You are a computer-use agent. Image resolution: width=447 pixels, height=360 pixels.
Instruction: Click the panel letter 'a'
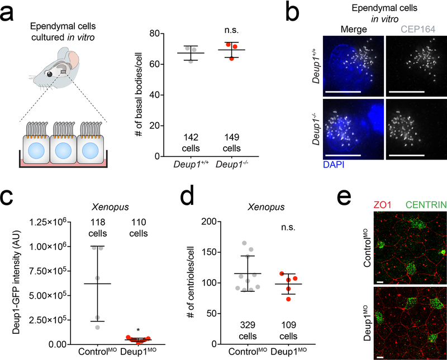[x=7, y=13]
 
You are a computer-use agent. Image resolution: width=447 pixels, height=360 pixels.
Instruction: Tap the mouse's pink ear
[x=73, y=59]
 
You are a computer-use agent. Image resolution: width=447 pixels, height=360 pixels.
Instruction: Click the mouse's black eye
[x=50, y=74]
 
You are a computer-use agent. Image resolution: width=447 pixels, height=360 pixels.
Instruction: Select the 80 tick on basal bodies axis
[x=155, y=33]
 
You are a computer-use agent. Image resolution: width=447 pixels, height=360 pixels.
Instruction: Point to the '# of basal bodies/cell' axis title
[x=139, y=94]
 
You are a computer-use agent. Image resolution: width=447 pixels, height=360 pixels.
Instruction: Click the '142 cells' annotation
[x=191, y=143]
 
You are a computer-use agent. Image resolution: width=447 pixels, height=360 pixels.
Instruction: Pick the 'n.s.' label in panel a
[x=231, y=30]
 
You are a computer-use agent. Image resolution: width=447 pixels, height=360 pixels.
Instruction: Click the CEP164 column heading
[x=418, y=29]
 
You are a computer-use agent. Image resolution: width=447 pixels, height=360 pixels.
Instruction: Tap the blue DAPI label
[x=334, y=164]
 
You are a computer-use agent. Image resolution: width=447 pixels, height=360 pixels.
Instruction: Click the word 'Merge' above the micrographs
[x=354, y=29]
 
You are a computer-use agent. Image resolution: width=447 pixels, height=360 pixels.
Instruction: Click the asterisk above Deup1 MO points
[x=138, y=330]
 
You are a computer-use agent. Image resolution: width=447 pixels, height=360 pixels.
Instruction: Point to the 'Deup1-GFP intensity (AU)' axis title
[x=17, y=282]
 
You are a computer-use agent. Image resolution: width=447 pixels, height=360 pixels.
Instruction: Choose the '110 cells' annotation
[x=139, y=228]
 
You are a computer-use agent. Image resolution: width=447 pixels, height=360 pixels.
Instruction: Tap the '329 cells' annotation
[x=248, y=330]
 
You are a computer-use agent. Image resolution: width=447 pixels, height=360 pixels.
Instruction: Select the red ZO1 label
[x=382, y=205]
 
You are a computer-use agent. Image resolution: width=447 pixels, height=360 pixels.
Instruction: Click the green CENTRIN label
[x=426, y=205]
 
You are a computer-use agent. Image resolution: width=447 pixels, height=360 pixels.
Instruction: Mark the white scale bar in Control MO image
[x=380, y=282]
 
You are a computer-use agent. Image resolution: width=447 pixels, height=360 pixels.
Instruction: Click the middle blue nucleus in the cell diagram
[x=63, y=151]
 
